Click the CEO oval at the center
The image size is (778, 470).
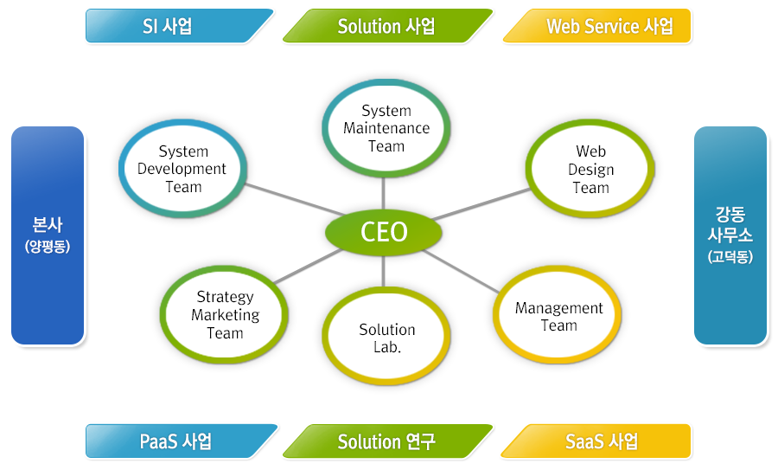point(384,232)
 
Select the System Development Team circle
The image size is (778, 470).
point(182,170)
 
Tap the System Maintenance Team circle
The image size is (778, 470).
point(386,128)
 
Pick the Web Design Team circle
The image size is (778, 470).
point(590,170)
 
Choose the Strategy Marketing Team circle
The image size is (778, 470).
point(225,315)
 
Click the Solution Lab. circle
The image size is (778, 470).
point(386,338)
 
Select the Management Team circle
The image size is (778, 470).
point(558,317)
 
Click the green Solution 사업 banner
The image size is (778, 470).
point(386,26)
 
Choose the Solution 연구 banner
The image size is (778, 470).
point(386,441)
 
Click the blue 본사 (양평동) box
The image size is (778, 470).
point(48,235)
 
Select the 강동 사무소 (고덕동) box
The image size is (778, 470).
point(730,235)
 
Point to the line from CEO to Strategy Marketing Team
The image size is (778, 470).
point(308,267)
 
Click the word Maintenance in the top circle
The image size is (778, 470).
point(386,128)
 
